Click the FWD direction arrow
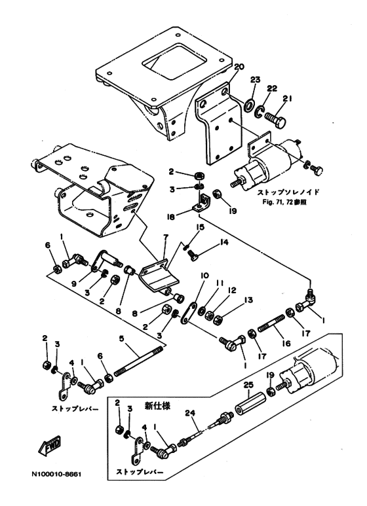coord(49,446)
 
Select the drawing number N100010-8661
coord(56,474)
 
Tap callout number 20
coord(239,67)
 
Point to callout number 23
coord(255,80)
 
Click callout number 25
coord(249,385)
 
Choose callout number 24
coord(191,412)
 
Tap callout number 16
coord(286,344)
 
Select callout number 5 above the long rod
coord(121,339)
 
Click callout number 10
coord(204,276)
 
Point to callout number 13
coord(248,300)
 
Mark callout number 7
coord(166,237)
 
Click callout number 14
coord(224,242)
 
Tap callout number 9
coord(74,284)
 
